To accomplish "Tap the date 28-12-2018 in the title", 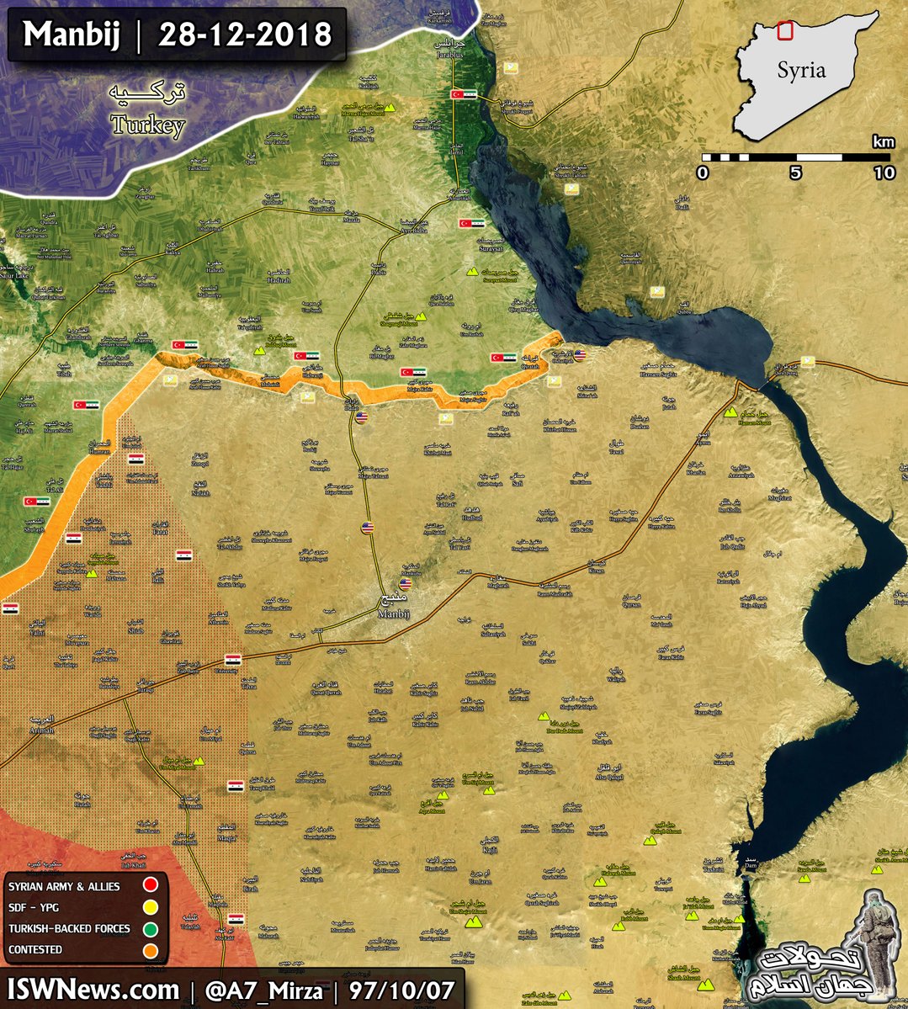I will pyautogui.click(x=245, y=35).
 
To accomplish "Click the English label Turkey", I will pyautogui.click(x=147, y=126).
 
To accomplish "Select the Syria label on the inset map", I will pyautogui.click(x=800, y=70).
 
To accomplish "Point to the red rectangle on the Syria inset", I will pyautogui.click(x=784, y=30).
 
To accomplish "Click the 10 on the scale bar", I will pyautogui.click(x=884, y=173).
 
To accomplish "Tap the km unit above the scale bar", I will pyautogui.click(x=883, y=141).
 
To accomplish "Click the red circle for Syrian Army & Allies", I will pyautogui.click(x=151, y=885).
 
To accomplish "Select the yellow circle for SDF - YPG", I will pyautogui.click(x=151, y=907).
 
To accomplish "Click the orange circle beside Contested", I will pyautogui.click(x=151, y=950).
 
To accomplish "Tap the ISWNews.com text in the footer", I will pyautogui.click(x=93, y=989).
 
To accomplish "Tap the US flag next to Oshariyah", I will pyautogui.click(x=581, y=355).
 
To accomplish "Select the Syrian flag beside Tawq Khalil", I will pyautogui.click(x=236, y=785).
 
